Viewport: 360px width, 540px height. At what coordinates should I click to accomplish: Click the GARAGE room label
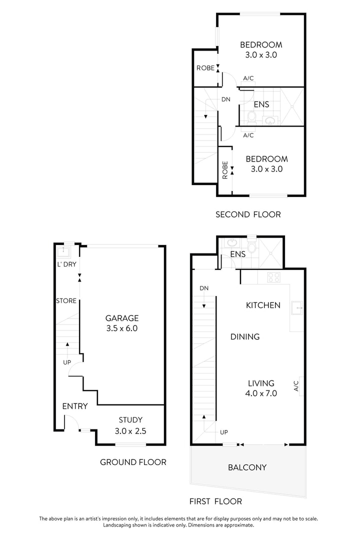click(x=122, y=318)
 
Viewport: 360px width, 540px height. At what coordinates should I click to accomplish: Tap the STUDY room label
click(x=130, y=420)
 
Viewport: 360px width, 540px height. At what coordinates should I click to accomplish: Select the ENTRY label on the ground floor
click(x=75, y=406)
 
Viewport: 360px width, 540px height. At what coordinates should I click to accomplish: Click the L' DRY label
click(x=67, y=264)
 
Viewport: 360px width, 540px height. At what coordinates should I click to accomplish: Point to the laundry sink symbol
click(x=63, y=251)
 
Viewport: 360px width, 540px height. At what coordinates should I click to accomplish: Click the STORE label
click(x=66, y=300)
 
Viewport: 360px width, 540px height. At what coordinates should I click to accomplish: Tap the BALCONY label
click(x=247, y=467)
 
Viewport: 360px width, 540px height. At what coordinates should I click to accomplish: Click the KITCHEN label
click(x=263, y=305)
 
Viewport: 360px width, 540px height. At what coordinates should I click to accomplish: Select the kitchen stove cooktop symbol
click(x=274, y=277)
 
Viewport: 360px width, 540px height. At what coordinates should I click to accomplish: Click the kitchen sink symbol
click(x=297, y=307)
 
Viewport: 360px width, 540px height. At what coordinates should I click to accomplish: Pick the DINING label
click(x=245, y=336)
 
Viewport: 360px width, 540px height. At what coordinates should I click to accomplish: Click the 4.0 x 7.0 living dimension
click(x=261, y=393)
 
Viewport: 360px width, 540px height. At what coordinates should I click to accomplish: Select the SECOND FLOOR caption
click(x=248, y=214)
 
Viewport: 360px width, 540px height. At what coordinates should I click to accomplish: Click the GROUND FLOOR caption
click(x=133, y=462)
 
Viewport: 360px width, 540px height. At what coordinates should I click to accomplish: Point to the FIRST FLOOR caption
click(x=215, y=501)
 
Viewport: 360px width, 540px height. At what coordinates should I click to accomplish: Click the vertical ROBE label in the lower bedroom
click(x=225, y=170)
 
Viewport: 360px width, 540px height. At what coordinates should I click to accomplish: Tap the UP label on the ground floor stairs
click(x=67, y=362)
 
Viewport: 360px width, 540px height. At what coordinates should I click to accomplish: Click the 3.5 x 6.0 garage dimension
click(x=122, y=328)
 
